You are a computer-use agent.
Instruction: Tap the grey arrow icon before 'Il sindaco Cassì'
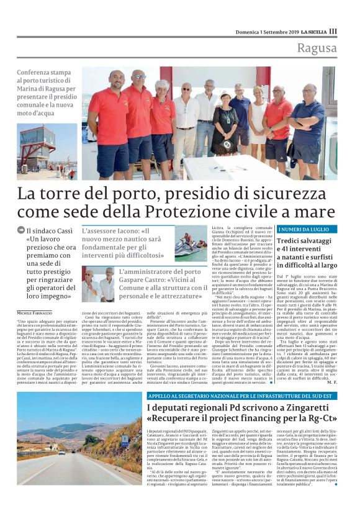click(21, 231)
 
